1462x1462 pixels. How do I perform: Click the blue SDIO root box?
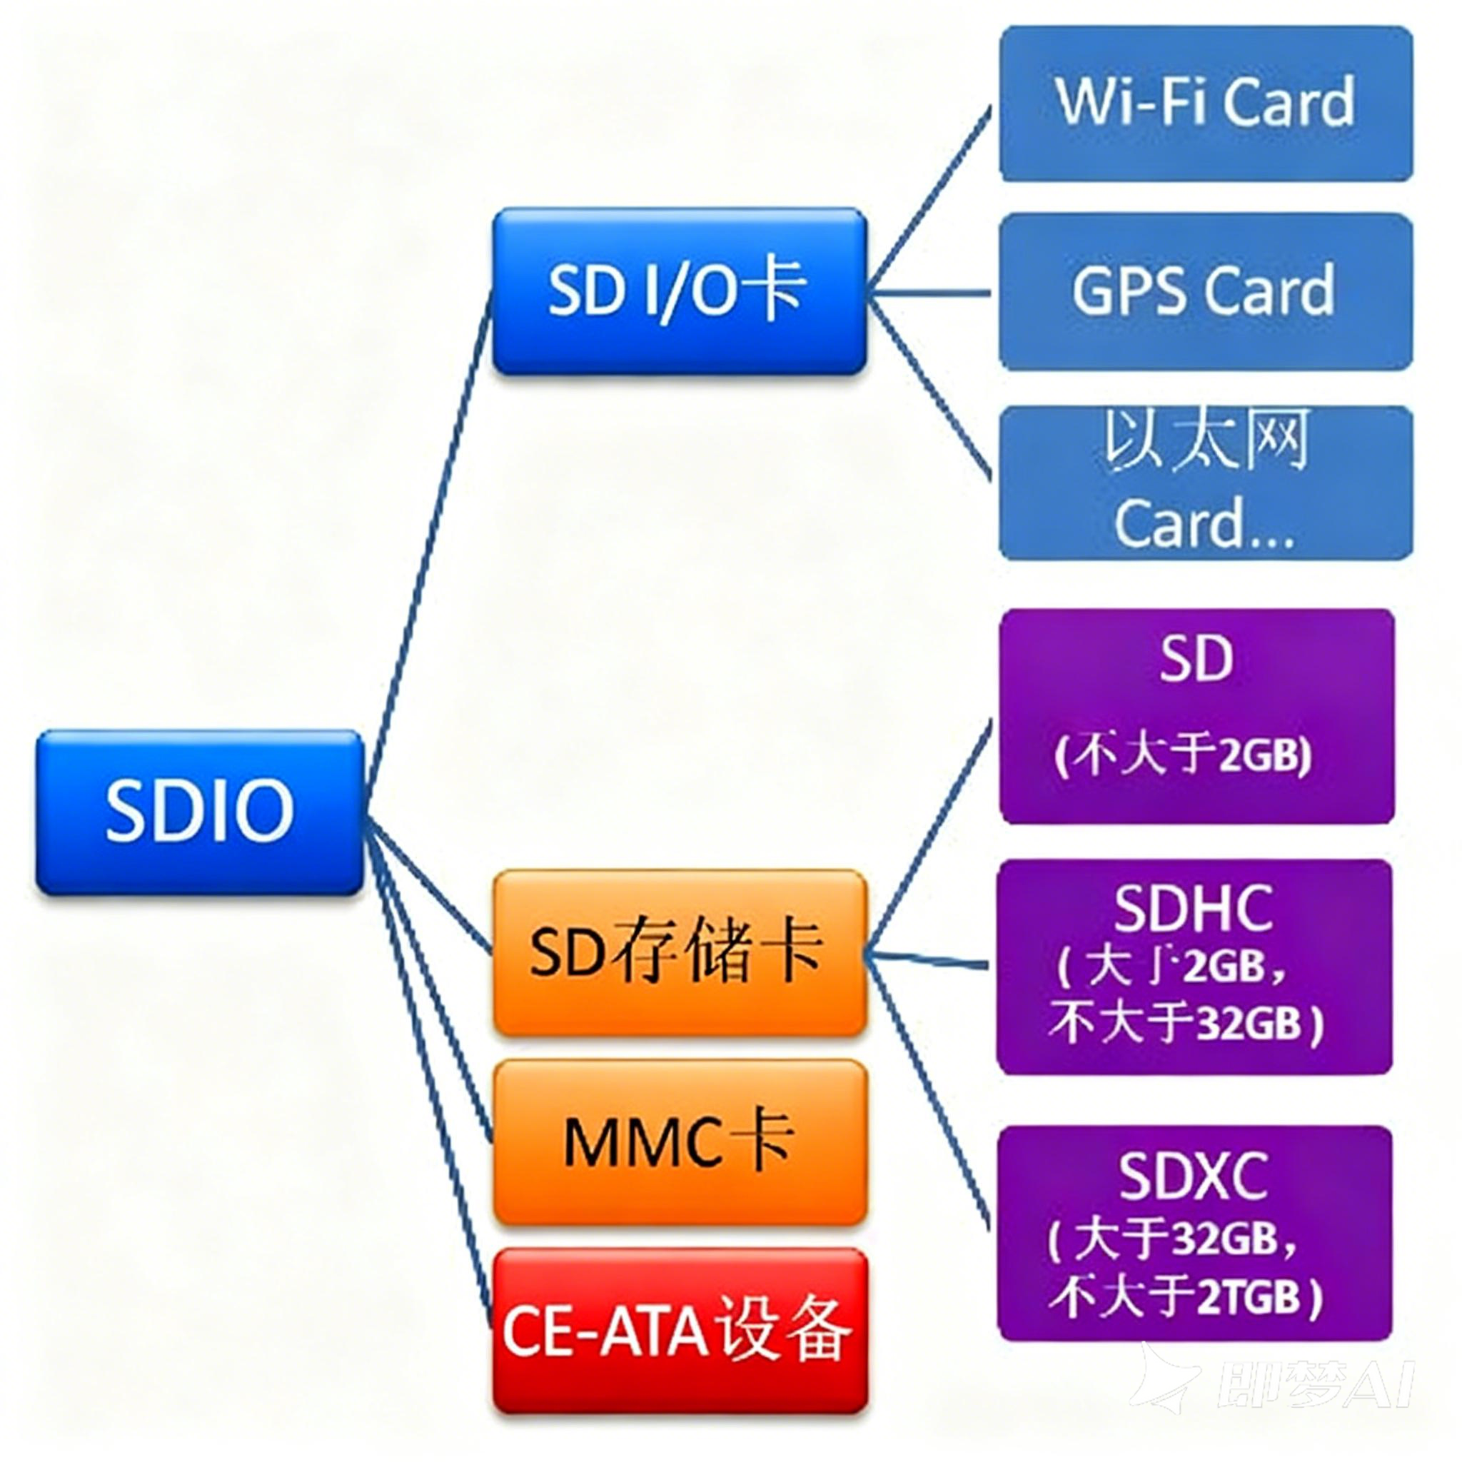click(200, 812)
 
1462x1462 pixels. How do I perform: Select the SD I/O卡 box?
click(679, 291)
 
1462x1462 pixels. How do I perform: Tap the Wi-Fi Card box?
click(1206, 104)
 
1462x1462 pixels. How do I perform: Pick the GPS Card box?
click(1206, 291)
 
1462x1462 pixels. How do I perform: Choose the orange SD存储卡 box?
click(679, 952)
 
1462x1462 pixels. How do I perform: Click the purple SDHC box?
click(1194, 967)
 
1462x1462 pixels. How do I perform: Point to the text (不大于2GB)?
click(1183, 755)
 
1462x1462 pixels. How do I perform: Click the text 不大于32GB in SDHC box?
click(1185, 1023)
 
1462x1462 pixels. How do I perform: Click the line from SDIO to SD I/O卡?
click(428, 530)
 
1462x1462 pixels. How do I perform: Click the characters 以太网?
click(1206, 441)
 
